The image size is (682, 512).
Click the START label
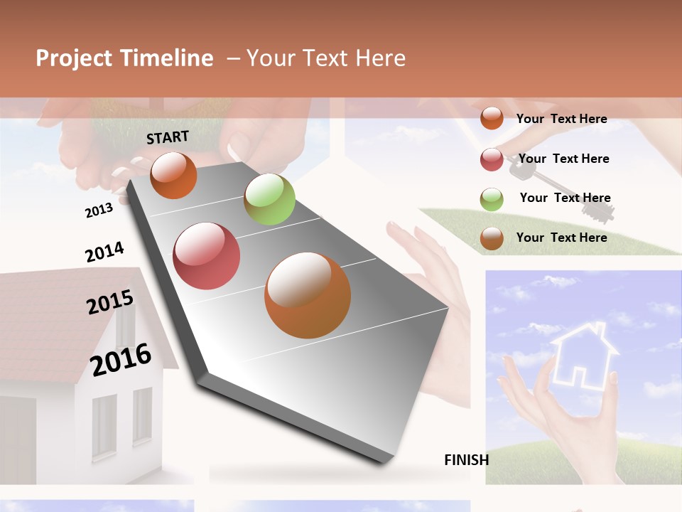[168, 137]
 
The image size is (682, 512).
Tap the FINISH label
[466, 460]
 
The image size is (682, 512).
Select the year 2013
[99, 210]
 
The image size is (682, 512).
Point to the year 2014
[104, 252]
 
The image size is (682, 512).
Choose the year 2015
[110, 302]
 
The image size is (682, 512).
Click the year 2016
[121, 360]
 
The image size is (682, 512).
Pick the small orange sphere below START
[173, 175]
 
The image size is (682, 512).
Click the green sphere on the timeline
[269, 199]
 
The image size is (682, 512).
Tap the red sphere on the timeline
[207, 256]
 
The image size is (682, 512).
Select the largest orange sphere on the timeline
[308, 295]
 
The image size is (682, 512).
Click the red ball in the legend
[492, 159]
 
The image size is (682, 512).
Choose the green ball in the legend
[492, 199]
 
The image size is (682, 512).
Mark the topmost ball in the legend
[492, 118]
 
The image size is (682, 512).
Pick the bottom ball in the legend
[492, 238]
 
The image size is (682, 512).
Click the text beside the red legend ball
[563, 159]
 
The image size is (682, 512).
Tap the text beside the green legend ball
[565, 198]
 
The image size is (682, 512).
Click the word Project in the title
[73, 58]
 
